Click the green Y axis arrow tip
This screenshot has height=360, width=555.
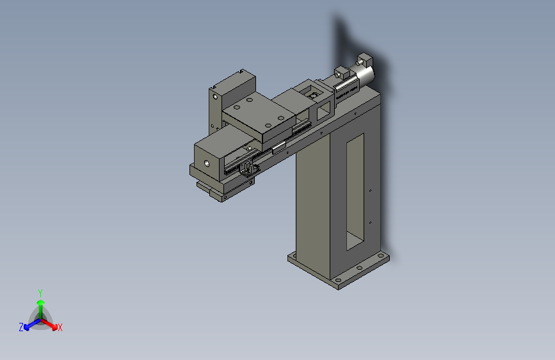pos(41,302)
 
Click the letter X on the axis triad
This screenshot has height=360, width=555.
pos(60,327)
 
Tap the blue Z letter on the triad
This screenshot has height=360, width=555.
pos(21,327)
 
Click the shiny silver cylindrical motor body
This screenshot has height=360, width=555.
pos(365,76)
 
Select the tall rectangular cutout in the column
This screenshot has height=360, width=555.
pos(355,192)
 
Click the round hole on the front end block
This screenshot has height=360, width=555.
pos(206,163)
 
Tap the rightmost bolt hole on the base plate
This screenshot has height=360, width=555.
pos(381,255)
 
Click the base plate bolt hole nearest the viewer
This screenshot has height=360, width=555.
pos(339,281)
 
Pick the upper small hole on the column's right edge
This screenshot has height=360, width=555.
pos(370,191)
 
